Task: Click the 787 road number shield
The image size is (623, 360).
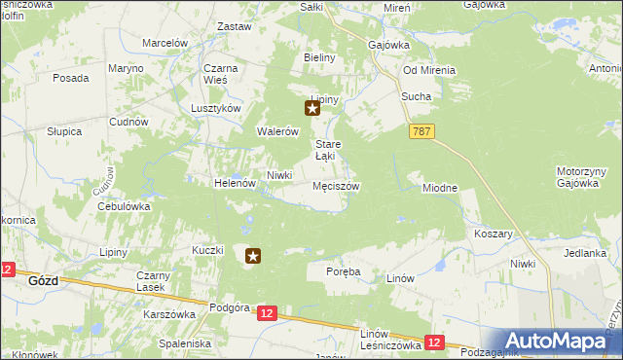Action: click(421, 131)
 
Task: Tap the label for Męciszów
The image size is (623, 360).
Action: click(336, 186)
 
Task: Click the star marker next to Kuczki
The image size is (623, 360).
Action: click(253, 257)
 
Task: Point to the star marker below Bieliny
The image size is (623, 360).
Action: click(312, 109)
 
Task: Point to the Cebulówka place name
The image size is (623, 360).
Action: click(123, 206)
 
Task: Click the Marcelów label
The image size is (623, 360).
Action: click(165, 43)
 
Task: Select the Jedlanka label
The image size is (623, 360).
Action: click(584, 253)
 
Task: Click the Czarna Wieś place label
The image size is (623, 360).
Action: click(222, 74)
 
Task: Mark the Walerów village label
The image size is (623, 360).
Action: click(275, 131)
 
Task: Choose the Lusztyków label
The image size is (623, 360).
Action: click(215, 109)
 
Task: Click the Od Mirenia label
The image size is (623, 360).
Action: click(430, 69)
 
